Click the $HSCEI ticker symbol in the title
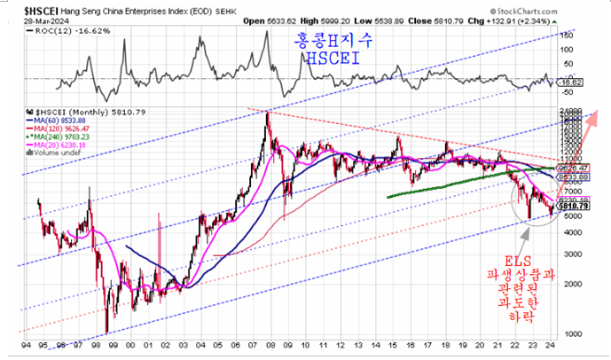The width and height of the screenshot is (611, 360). tap(19, 8)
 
